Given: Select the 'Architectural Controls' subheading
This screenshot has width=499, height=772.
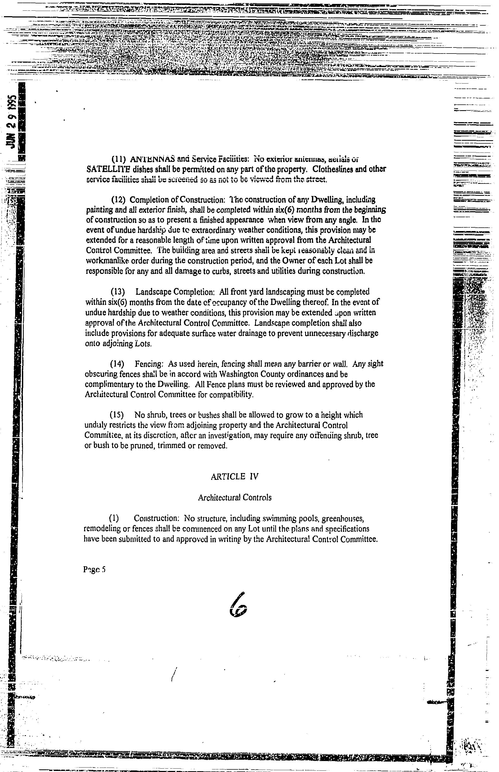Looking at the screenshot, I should point(235,497).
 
